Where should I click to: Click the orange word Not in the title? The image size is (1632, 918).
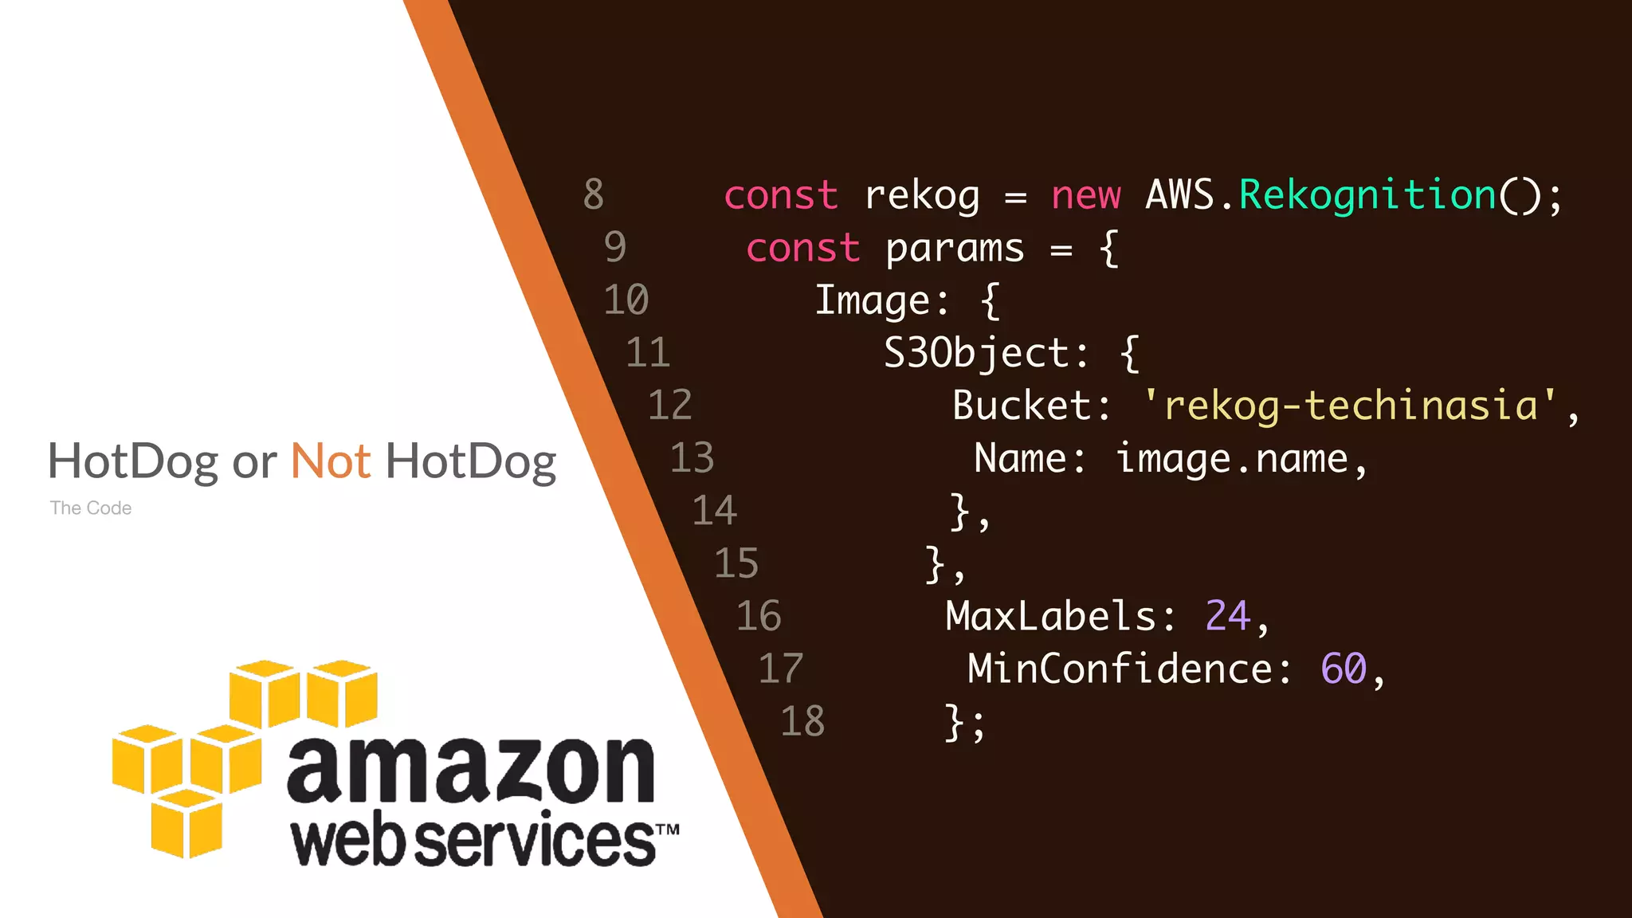click(x=331, y=461)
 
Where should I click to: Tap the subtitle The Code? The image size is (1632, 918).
click(x=91, y=508)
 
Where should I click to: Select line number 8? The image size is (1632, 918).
click(x=594, y=194)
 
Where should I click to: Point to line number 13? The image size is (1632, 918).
click(x=692, y=458)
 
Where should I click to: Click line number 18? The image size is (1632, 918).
click(x=802, y=722)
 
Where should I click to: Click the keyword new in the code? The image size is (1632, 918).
click(x=1085, y=196)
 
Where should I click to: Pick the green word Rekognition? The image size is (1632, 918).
click(x=1368, y=196)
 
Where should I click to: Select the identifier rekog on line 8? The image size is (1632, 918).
click(x=922, y=196)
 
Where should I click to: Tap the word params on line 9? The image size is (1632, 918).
click(x=955, y=249)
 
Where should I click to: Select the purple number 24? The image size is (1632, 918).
click(x=1227, y=616)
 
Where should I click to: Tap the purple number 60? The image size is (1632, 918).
click(x=1344, y=669)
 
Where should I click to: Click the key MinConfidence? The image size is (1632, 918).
click(x=1120, y=669)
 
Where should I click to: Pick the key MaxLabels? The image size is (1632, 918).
click(x=1050, y=616)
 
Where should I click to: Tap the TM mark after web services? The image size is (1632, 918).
click(x=668, y=830)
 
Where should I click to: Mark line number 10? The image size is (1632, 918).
click(x=626, y=300)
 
